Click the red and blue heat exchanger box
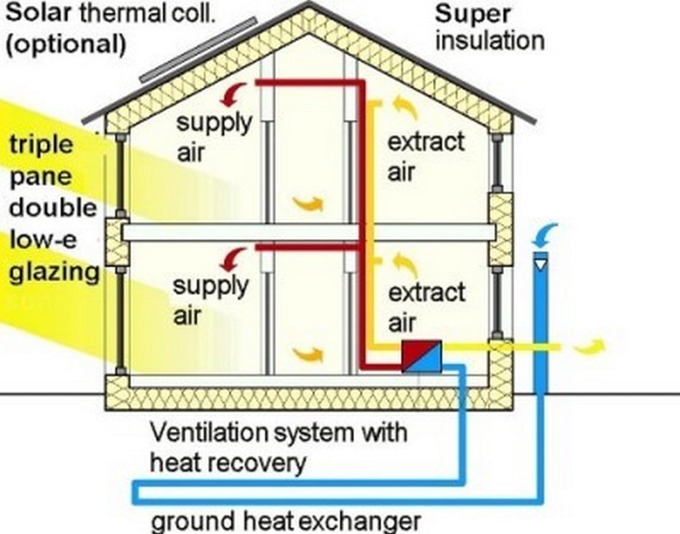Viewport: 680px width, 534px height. point(421,356)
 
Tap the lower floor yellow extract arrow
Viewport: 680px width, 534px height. point(405,265)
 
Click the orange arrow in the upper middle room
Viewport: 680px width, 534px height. point(308,203)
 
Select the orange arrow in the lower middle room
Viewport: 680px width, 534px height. point(308,354)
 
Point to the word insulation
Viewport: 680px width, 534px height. point(490,41)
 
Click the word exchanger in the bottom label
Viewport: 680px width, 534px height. point(360,521)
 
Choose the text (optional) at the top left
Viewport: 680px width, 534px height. point(65,44)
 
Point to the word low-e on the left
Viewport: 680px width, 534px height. point(43,240)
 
